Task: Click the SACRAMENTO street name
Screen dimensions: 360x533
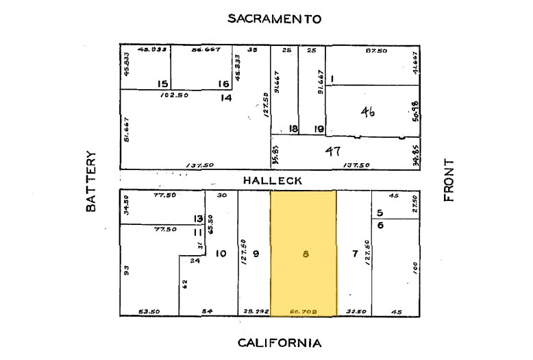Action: [x=274, y=19]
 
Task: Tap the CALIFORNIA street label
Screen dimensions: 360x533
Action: [x=279, y=342]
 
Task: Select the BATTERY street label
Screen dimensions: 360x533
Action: [x=92, y=181]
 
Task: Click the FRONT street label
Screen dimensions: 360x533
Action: [x=449, y=180]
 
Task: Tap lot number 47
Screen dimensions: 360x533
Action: [x=333, y=151]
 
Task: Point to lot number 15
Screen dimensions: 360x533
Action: [x=162, y=84]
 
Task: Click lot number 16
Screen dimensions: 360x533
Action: [x=223, y=84]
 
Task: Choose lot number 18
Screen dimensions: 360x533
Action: [x=293, y=128]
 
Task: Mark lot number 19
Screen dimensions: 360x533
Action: [x=319, y=128]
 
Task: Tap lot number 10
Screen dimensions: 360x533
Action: [x=220, y=254]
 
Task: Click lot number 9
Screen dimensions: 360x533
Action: [x=256, y=254]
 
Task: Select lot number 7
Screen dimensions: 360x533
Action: [x=355, y=254]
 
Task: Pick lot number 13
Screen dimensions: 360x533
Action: [x=199, y=219]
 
